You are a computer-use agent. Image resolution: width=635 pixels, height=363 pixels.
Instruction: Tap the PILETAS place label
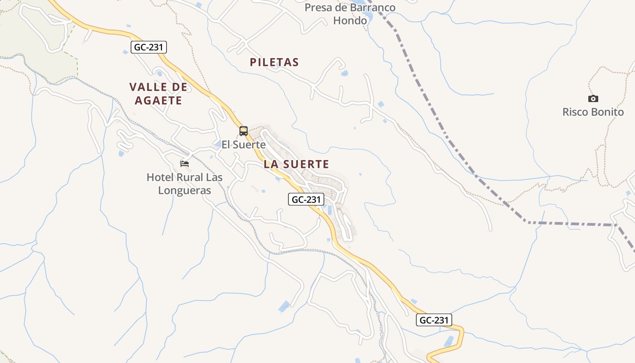[274, 63]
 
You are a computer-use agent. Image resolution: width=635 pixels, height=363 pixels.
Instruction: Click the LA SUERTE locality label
[296, 164]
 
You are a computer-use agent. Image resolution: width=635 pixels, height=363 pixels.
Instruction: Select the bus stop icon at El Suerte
[244, 131]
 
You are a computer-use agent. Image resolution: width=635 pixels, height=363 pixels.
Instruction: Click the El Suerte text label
[244, 145]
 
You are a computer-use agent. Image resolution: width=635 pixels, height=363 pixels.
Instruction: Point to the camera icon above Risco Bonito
[593, 98]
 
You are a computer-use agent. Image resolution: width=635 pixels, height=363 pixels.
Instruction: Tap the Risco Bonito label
[593, 112]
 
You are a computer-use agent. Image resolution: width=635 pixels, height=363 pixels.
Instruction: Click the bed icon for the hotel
[184, 163]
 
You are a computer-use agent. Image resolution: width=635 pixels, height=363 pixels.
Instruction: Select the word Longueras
[185, 191]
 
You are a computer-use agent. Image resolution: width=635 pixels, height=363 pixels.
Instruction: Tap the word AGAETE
[158, 101]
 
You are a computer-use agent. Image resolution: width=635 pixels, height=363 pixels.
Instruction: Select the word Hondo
[350, 21]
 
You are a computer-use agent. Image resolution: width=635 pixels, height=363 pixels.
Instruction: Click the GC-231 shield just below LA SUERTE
[306, 199]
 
